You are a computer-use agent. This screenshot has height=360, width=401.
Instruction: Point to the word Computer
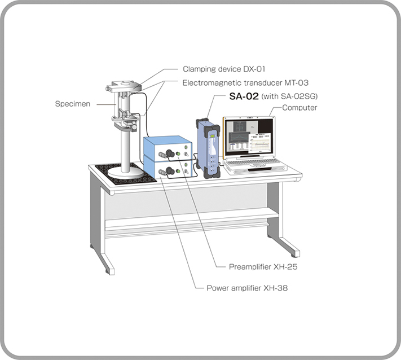(x=299, y=108)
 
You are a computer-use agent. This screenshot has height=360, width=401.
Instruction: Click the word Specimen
(x=73, y=104)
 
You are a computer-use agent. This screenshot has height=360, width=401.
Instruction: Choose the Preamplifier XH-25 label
(x=263, y=266)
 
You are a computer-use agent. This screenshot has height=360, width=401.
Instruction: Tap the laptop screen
(x=249, y=137)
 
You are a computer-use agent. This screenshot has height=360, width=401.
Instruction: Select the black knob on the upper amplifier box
(x=168, y=152)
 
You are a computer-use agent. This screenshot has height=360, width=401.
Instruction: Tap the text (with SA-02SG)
(x=291, y=96)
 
